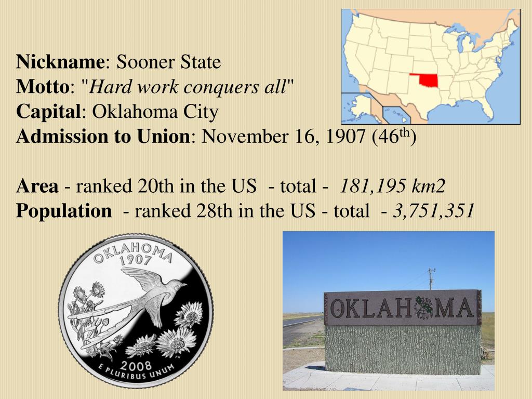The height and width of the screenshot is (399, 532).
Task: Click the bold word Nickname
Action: tap(60, 62)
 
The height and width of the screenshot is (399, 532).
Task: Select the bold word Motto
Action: tap(42, 87)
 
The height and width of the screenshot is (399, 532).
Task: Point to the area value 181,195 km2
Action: tap(393, 187)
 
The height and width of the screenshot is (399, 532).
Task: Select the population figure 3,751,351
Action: tap(433, 211)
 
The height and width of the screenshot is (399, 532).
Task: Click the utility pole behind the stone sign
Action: tap(431, 279)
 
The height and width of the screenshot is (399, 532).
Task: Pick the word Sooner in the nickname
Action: tap(146, 62)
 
